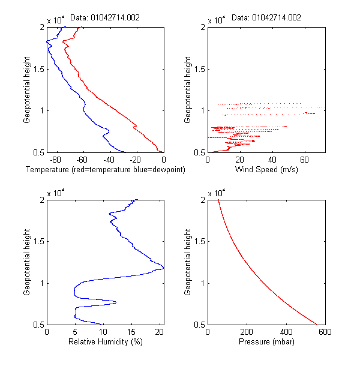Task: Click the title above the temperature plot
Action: pos(106,18)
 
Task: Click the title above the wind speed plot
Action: pos(266,18)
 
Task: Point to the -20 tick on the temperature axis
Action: pos(136,160)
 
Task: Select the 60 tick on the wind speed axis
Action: pos(305,160)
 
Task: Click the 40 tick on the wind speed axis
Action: pos(273,160)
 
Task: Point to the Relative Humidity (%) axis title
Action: pos(105,342)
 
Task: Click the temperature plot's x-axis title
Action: pos(106,170)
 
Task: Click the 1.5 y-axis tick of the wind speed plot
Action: pos(200,69)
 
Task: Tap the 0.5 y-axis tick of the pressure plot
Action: pos(200,325)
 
